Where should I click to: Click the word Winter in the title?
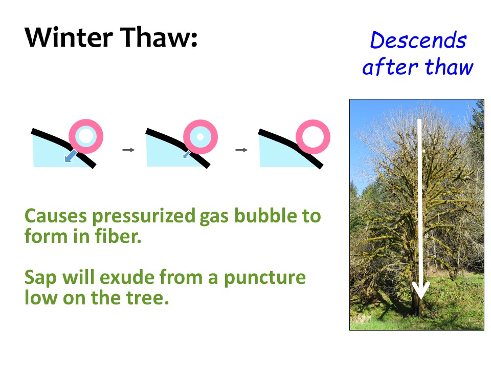[69, 37]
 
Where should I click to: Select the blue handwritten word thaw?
[449, 67]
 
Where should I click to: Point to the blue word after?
[390, 67]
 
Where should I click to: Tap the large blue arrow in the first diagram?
[71, 156]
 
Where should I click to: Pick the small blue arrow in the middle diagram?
[187, 154]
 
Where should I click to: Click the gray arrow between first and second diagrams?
[128, 150]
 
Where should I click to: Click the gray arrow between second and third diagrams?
[241, 150]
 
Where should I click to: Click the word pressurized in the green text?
[144, 216]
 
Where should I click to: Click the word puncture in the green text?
[264, 278]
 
